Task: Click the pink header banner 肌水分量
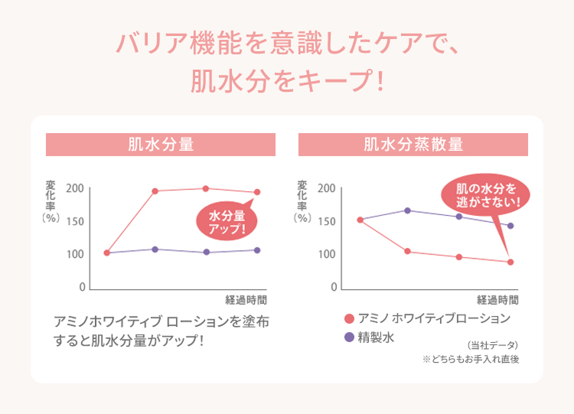pos(161,144)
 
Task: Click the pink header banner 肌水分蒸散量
pos(413,144)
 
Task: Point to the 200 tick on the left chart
pos(75,189)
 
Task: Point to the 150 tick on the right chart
pos(327,222)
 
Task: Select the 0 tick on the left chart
pos(80,288)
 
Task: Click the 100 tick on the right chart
pos(327,254)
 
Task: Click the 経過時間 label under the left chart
pos(246,299)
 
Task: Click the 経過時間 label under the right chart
pos(498,299)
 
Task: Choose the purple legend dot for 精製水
pos(350,337)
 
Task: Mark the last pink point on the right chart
pos(510,262)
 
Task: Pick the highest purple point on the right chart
pos(407,210)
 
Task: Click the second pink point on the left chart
pos(155,191)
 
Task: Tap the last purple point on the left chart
pos(257,250)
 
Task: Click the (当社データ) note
pos(492,344)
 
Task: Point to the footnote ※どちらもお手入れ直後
pos(471,359)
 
